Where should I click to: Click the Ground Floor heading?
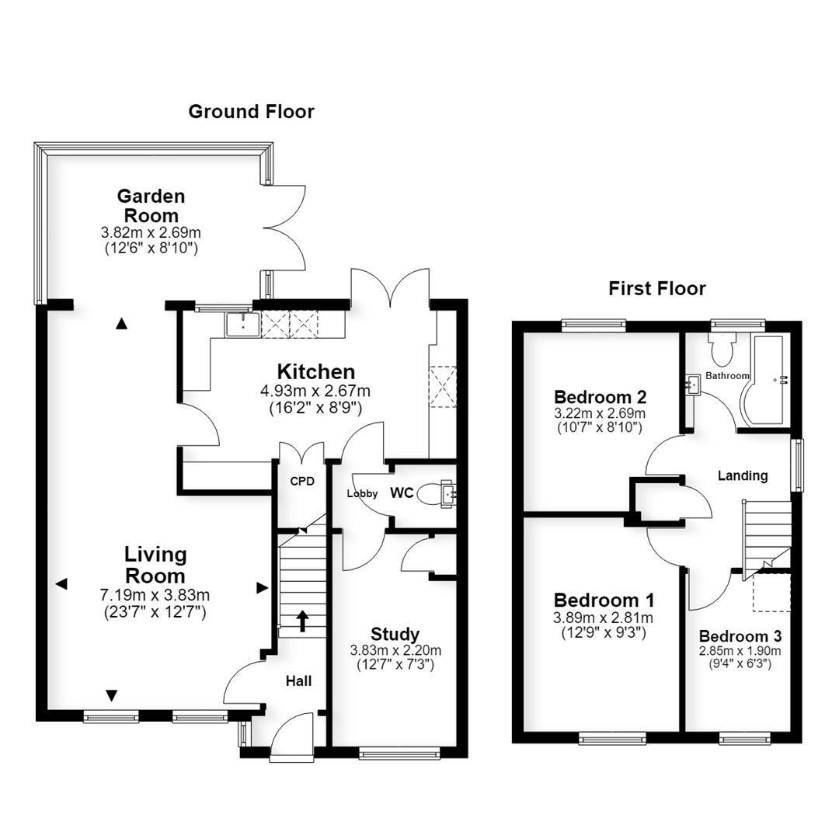(x=251, y=111)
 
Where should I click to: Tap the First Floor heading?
(x=657, y=288)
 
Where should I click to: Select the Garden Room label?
(x=151, y=205)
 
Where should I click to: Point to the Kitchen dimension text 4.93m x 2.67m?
(x=315, y=391)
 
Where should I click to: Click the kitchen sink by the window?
(x=242, y=324)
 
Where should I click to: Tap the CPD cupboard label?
(x=302, y=482)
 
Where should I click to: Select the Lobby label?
(x=362, y=493)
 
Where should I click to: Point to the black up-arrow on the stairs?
(x=303, y=621)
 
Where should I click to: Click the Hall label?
(x=298, y=681)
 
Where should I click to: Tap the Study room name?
(x=395, y=634)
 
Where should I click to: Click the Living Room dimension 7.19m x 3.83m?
(x=155, y=595)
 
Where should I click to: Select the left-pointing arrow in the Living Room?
(x=61, y=583)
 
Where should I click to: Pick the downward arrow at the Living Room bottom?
(x=111, y=695)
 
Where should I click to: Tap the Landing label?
(x=743, y=475)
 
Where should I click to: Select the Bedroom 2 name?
(x=601, y=397)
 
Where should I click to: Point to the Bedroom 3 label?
(x=740, y=636)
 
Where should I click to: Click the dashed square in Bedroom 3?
(x=772, y=592)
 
